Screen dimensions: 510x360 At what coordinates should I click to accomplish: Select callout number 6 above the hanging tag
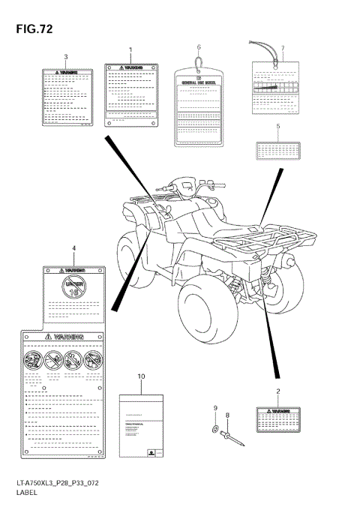click(199, 47)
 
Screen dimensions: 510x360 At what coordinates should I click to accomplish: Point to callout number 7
click(282, 49)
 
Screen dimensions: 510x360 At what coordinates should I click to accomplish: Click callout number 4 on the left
click(73, 247)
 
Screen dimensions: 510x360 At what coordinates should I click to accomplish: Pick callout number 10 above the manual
click(140, 375)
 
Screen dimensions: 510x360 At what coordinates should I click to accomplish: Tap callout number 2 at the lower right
click(277, 392)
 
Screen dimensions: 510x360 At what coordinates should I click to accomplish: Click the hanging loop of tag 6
click(198, 61)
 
